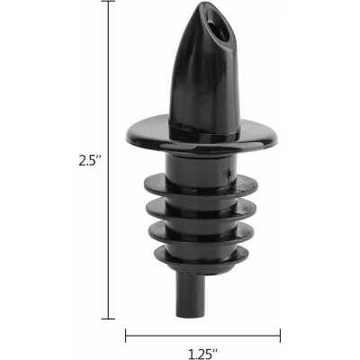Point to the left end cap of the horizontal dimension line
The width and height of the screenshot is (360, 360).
point(125,335)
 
